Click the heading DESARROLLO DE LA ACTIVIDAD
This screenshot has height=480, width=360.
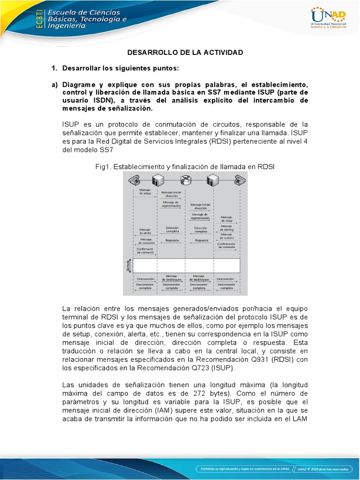(186, 52)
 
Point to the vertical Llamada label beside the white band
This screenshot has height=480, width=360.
(127, 265)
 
